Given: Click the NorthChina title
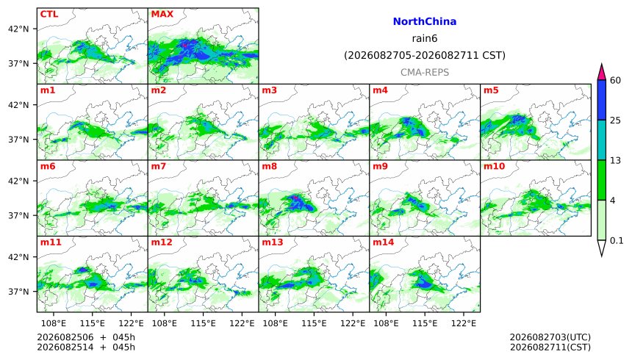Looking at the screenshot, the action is (425, 22).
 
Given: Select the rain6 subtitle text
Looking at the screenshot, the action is (425, 39).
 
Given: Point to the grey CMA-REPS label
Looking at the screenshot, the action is (425, 73).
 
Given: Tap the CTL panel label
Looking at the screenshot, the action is (49, 14).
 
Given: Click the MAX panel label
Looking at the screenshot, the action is (162, 14).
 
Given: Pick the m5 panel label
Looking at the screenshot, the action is (491, 90).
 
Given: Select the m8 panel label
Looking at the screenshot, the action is (269, 167).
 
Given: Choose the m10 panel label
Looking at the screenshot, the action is (494, 167).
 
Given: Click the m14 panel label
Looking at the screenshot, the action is (384, 242).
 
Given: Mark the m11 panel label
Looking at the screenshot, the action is (51, 242).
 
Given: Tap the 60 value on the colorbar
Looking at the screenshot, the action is (615, 80).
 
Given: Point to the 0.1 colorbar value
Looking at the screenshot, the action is (617, 241).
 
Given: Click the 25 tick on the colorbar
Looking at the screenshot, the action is (615, 120).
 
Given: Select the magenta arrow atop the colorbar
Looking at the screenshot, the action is (601, 73).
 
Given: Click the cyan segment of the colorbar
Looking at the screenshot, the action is (601, 140).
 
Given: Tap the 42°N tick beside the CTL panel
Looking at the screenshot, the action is (18, 29).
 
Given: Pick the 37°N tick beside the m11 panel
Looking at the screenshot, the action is (18, 292).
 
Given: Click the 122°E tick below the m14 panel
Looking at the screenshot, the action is (463, 323).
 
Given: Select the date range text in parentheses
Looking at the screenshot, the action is (425, 55).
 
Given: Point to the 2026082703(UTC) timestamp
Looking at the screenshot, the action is (550, 337).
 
